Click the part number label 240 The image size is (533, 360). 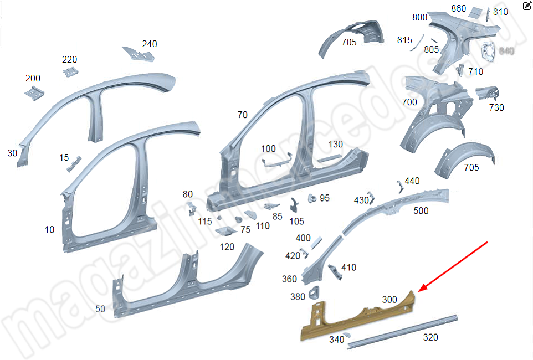[x=149, y=44]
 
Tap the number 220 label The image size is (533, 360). [x=69, y=60]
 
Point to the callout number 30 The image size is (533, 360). [x=13, y=153]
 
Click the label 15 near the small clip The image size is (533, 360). [x=64, y=158]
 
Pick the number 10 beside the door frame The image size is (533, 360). [x=50, y=229]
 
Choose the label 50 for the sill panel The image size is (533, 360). [x=100, y=309]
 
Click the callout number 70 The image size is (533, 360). [x=242, y=115]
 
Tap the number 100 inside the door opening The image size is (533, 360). [x=268, y=148]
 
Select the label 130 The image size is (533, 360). [x=336, y=145]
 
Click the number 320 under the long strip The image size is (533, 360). [x=430, y=337]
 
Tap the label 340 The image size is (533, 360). [x=336, y=340]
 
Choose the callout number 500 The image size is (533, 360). [x=421, y=211]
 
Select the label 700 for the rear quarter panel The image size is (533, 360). [x=409, y=102]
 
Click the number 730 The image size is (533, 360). [x=496, y=107]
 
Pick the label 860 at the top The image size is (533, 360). [x=459, y=8]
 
